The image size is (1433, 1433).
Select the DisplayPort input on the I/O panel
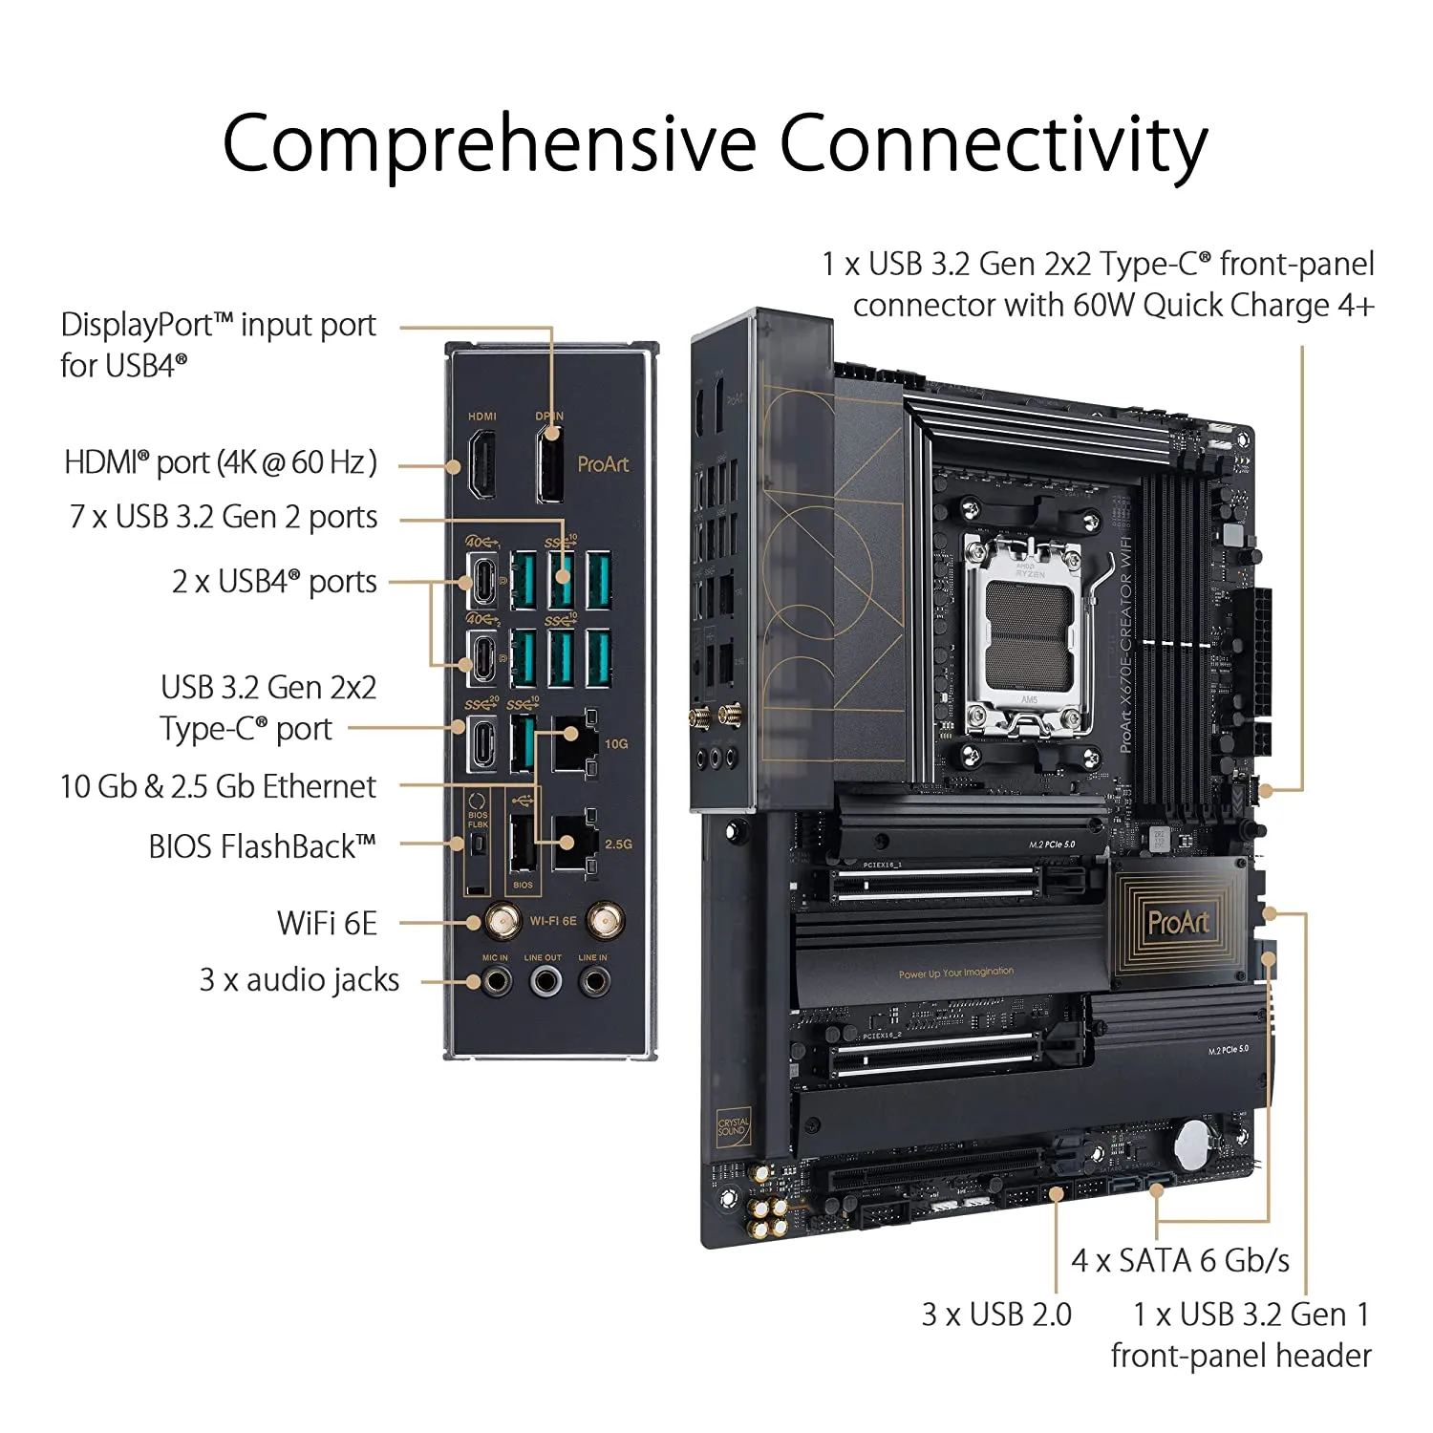pos(550,464)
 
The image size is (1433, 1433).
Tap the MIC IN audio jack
pos(496,981)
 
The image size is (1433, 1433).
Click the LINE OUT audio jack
pos(545,981)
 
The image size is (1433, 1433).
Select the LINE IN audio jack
pos(594,981)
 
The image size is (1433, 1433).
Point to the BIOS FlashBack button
pos(478,845)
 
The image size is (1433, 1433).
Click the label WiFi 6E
pos(327,924)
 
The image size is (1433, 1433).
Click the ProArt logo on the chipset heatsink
pos(1178,923)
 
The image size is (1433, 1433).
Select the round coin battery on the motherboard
pos(1193,1143)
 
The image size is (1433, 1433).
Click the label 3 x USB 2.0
pos(996,1315)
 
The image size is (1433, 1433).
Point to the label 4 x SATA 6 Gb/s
pos(1180,1261)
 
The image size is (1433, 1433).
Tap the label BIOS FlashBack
pos(262,847)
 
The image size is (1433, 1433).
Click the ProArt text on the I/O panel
pos(603,464)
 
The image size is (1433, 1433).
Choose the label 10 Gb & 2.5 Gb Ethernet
pos(218,786)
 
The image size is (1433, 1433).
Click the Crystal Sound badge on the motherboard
pos(734,1127)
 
